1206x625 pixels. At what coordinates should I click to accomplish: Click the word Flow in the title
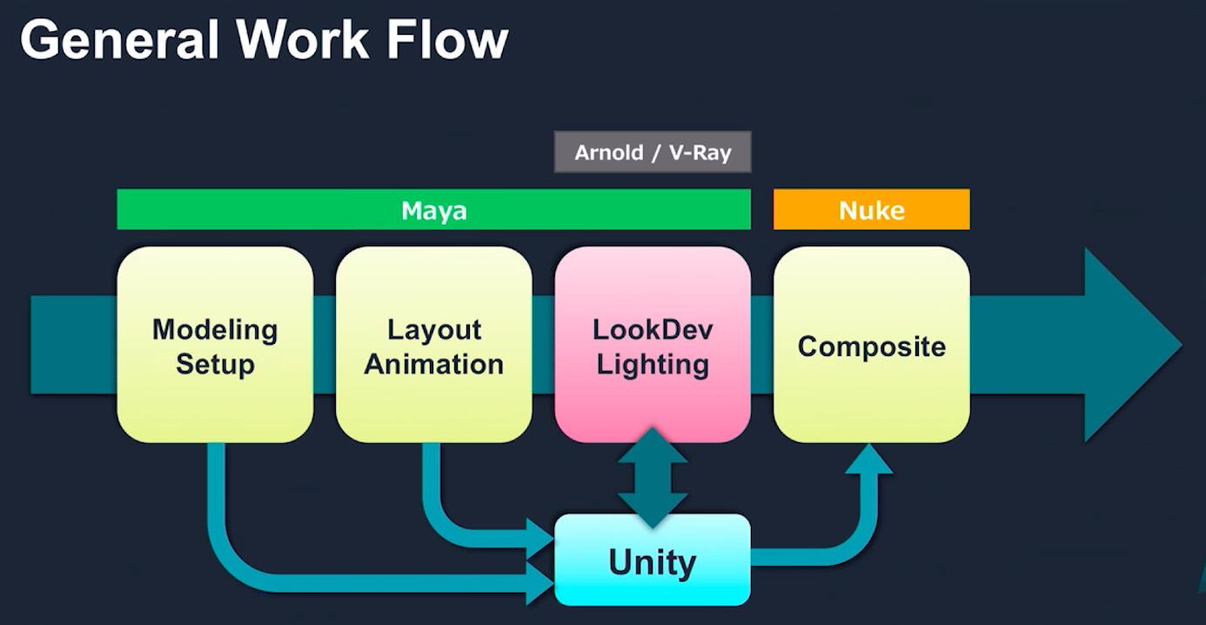click(x=447, y=40)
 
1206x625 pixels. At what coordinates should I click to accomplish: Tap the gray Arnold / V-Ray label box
click(x=653, y=152)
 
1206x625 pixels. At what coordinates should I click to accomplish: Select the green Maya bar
click(x=434, y=210)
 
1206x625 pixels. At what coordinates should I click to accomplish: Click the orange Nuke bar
click(x=872, y=210)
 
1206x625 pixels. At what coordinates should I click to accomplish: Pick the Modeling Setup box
click(x=216, y=345)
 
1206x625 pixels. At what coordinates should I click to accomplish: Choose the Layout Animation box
click(x=434, y=345)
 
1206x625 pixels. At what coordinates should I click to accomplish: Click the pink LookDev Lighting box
click(x=653, y=345)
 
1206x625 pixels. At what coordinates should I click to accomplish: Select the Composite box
click(x=872, y=345)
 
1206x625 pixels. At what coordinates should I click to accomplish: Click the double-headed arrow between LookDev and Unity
click(x=653, y=477)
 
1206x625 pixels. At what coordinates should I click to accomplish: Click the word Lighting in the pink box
click(x=653, y=364)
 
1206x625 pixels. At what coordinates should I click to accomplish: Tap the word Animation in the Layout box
click(x=434, y=364)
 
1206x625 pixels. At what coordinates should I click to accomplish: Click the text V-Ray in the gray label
click(x=700, y=152)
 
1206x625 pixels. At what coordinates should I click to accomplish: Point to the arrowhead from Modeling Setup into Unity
click(x=540, y=583)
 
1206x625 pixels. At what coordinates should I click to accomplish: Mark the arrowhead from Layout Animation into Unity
click(x=540, y=539)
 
